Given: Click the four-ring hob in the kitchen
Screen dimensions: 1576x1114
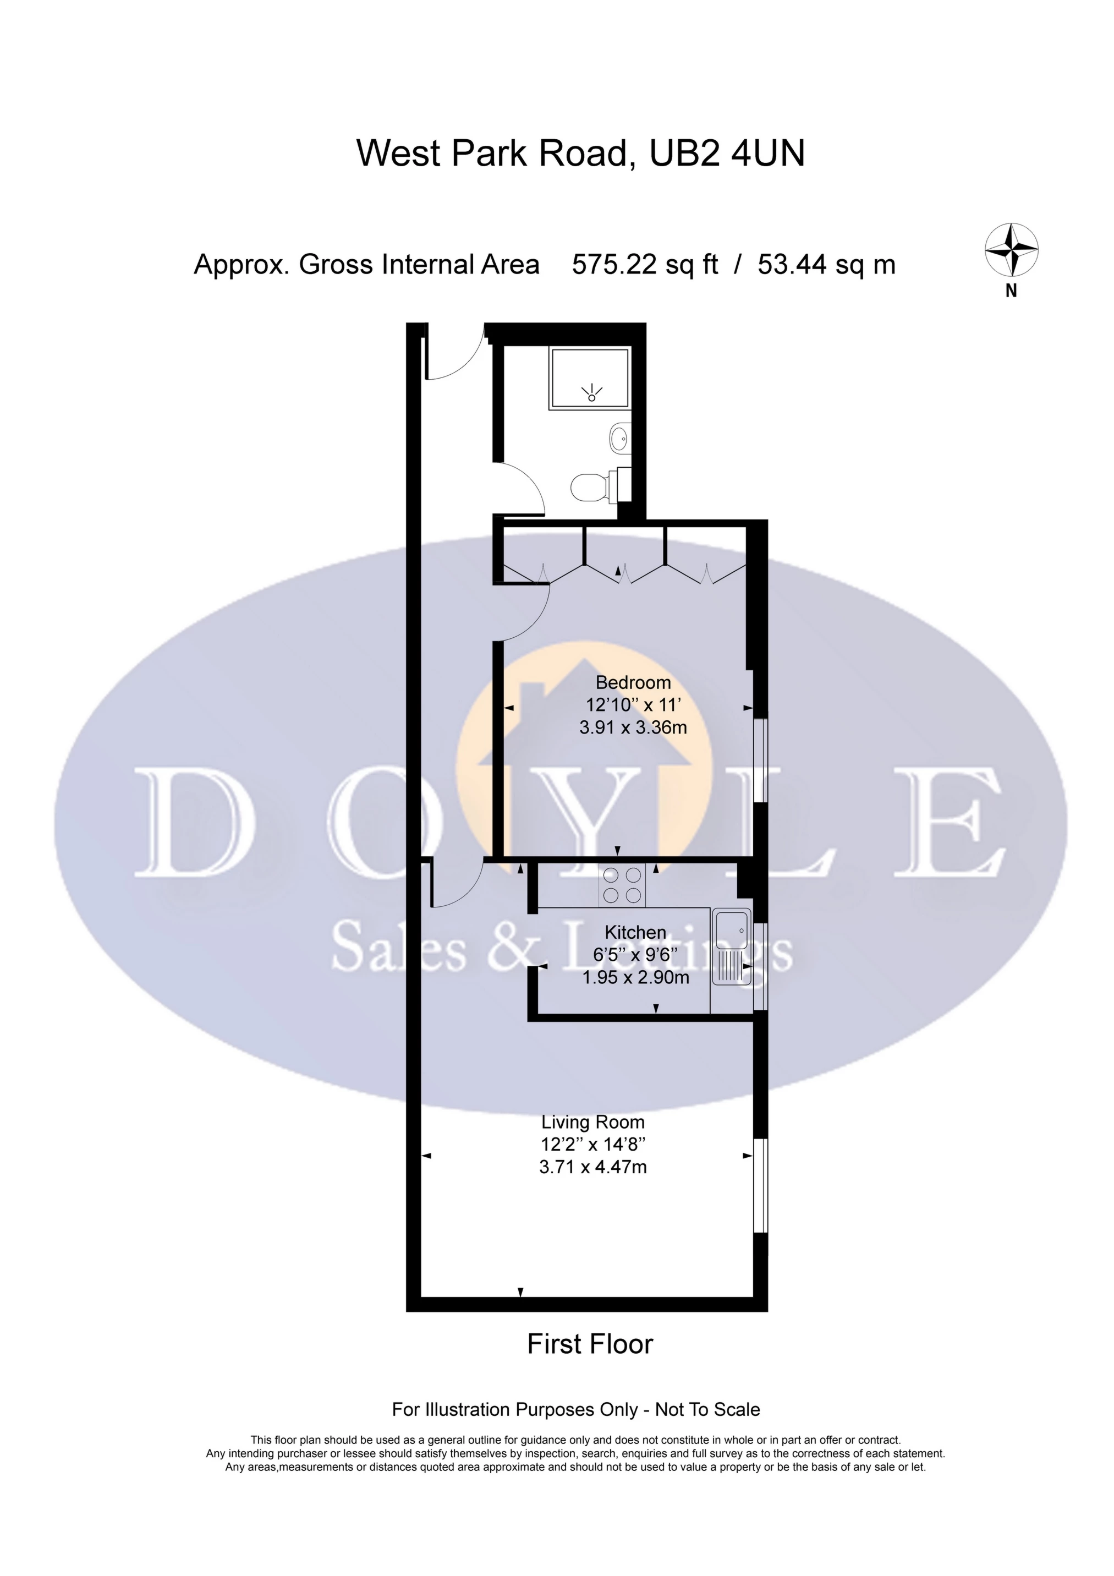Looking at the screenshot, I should (x=622, y=885).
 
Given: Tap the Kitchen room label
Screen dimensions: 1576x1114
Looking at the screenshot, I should (x=635, y=932).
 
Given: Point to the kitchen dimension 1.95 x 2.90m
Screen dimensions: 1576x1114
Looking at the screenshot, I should (x=635, y=977).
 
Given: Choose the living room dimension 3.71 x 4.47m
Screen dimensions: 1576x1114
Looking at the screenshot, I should (x=593, y=1167).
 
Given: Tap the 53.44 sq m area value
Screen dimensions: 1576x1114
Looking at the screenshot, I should (x=826, y=264).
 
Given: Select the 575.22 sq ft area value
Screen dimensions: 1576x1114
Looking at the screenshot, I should (x=645, y=264).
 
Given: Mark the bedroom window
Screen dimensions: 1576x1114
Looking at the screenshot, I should (x=760, y=760).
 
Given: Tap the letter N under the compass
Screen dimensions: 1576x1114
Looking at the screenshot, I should (x=1011, y=291).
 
